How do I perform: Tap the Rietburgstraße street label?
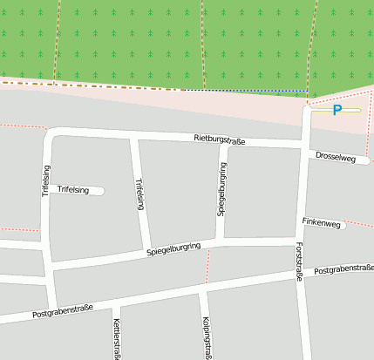(220, 139)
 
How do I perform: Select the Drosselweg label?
(337, 157)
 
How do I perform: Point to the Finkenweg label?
(320, 223)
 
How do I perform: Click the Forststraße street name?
(299, 262)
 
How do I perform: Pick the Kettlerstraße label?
(116, 338)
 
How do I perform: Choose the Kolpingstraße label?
(205, 336)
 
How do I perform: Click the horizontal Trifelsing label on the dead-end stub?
(73, 189)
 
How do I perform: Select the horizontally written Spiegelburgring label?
(173, 251)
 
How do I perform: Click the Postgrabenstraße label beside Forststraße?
(343, 271)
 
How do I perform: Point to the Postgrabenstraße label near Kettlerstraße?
(62, 311)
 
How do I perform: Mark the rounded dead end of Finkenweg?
(343, 225)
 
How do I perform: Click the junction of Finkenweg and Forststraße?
(302, 228)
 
